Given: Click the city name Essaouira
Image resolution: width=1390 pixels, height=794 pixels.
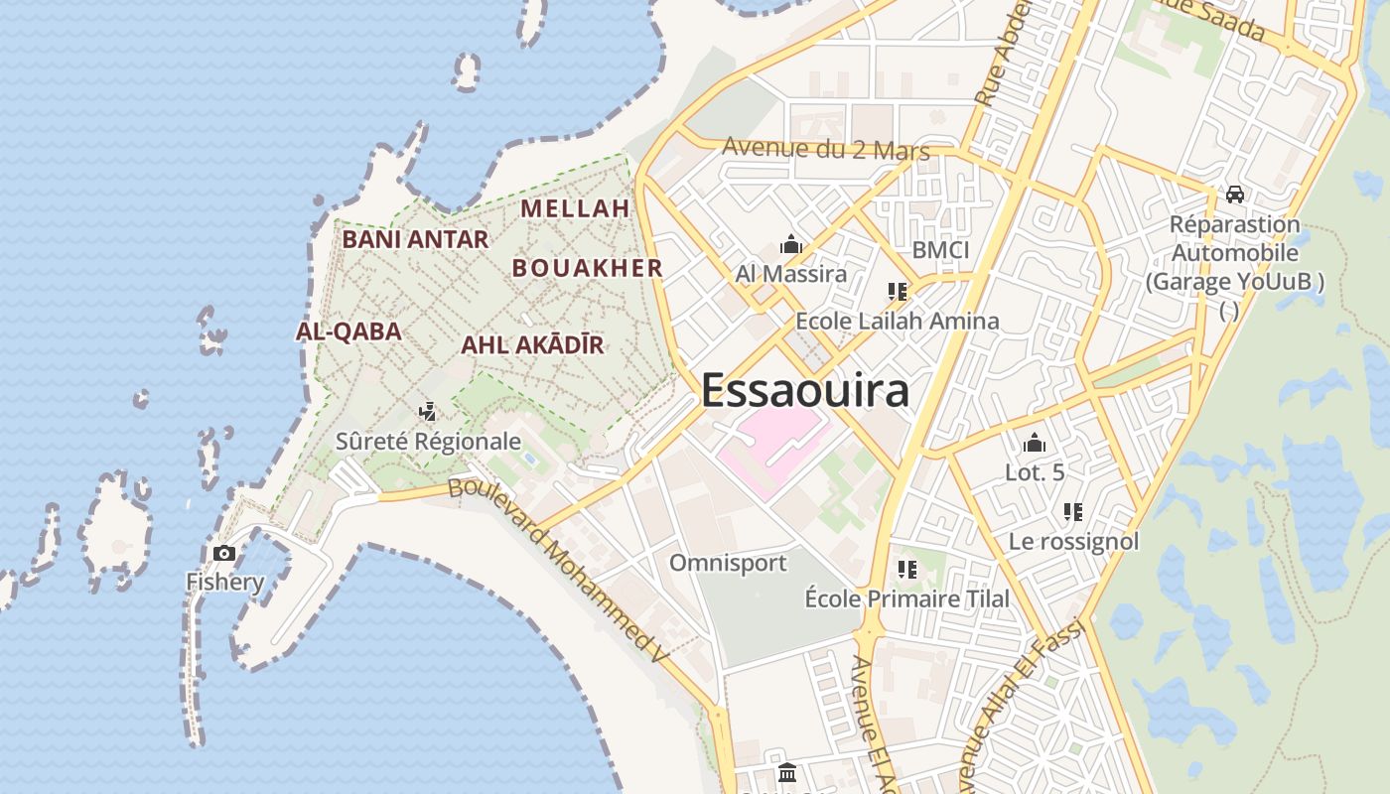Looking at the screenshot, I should point(804,390).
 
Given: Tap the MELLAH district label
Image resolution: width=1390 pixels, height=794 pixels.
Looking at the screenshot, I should point(575,208).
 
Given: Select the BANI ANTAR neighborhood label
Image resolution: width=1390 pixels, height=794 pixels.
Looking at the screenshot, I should point(415,239).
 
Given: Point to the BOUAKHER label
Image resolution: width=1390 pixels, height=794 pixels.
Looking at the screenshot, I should point(587,268).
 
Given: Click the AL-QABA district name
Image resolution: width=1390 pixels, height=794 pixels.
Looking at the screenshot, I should point(348,331).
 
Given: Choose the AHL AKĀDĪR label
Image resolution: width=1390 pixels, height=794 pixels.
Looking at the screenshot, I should point(532,345).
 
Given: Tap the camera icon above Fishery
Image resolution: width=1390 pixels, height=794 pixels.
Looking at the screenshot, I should point(224,553).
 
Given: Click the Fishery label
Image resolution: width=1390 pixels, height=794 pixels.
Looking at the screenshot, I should point(225,582).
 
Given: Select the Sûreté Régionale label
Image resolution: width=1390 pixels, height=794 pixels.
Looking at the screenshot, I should point(428,441).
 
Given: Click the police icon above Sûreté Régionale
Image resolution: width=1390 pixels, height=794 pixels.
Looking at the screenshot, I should point(428,410).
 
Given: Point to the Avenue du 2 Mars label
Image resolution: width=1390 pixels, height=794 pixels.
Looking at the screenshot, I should point(825,149).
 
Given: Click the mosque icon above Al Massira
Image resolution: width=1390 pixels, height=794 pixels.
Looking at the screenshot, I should point(790,243).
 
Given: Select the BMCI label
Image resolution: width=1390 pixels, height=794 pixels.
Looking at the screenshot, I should point(940,250).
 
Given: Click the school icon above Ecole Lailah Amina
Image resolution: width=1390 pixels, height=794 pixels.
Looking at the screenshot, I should point(898,292).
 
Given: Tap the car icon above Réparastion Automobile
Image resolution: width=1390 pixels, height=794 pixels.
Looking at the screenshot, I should point(1234,195).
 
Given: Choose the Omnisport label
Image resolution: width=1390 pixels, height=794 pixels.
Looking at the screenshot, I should point(728,563).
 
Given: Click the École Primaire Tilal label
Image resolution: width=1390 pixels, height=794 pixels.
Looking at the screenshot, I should point(906,598).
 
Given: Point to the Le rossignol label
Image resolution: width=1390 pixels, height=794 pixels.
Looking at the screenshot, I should point(1073,542).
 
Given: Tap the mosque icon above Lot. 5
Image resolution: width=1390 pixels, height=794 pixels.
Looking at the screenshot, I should point(1035,443).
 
